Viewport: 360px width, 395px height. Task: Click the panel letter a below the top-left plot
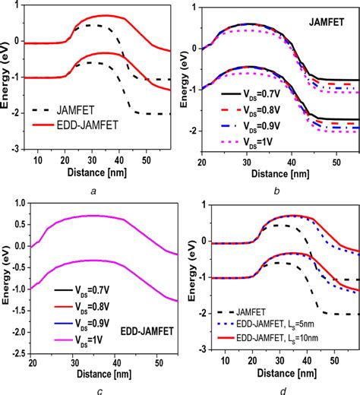(x=93, y=191)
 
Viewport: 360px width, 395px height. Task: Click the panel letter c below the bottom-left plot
(x=93, y=390)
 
